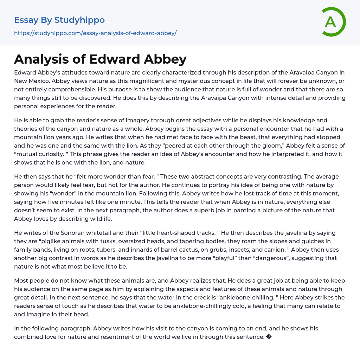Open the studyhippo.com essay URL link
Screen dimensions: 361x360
tap(95, 33)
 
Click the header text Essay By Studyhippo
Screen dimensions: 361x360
tap(59, 20)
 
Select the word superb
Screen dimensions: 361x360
tap(211, 210)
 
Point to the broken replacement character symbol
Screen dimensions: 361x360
tap(269, 337)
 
